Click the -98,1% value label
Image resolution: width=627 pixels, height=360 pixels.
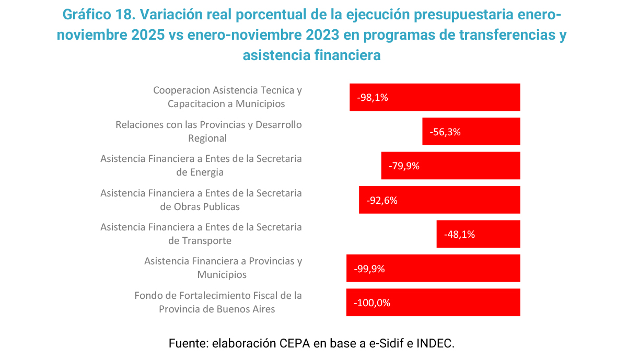pos(373,97)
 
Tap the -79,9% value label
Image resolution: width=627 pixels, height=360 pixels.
pos(404,166)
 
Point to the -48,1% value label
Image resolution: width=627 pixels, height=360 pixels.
pos(459,234)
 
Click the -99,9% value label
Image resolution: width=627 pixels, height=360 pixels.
pos(370,269)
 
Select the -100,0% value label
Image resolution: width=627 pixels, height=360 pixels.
pos(372,303)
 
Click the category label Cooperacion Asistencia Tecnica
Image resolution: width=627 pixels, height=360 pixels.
pos(227,97)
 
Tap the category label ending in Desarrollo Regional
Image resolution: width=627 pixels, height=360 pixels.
pos(208,132)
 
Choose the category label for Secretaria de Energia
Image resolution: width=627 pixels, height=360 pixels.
pos(201,165)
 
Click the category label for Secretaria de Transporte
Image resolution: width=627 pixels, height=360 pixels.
pos(201,234)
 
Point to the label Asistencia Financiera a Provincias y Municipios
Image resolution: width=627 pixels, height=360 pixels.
pos(223,268)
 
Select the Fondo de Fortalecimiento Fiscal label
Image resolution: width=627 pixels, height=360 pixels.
pos(218,302)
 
